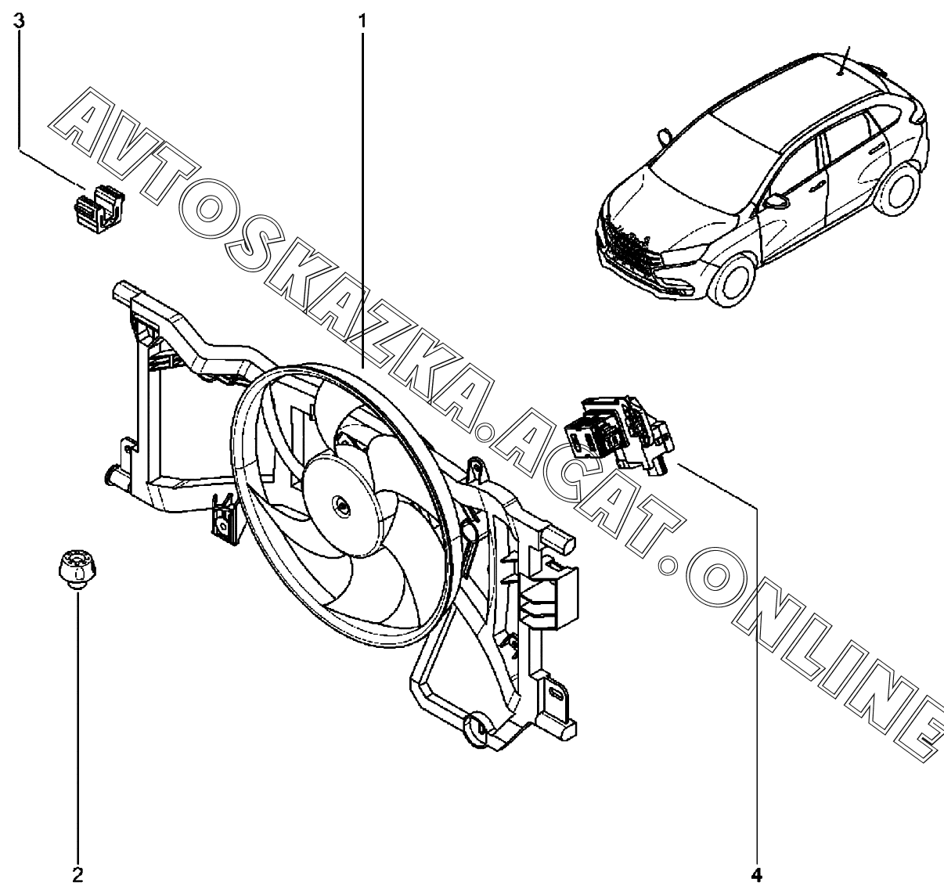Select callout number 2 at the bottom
pos(77,873)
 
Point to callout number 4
pos(757,873)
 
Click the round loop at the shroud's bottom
pos(477,726)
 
